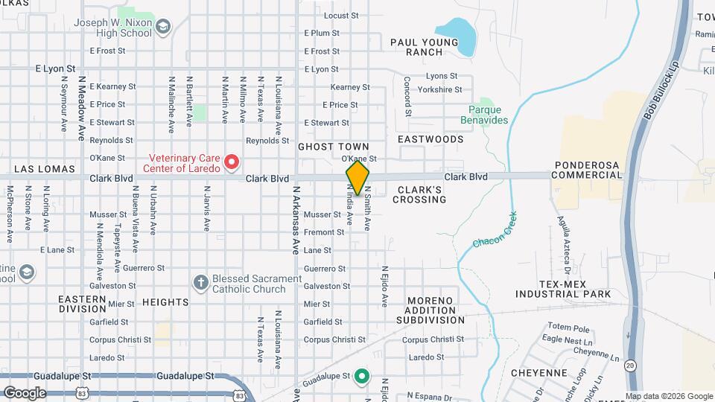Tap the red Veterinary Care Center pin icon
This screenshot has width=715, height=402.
click(231, 161)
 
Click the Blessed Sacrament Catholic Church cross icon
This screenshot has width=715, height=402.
click(200, 282)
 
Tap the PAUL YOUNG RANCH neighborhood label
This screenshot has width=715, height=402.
click(425, 47)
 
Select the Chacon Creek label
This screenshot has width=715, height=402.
click(494, 231)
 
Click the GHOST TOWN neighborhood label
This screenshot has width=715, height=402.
click(324, 147)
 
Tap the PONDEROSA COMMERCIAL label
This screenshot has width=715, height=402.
click(588, 170)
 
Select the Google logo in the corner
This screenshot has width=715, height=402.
click(25, 392)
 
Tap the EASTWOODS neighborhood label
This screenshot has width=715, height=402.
click(430, 139)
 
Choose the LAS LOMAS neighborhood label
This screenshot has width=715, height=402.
click(45, 169)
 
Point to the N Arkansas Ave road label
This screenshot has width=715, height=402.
click(295, 223)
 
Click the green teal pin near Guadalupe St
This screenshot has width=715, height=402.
click(362, 376)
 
